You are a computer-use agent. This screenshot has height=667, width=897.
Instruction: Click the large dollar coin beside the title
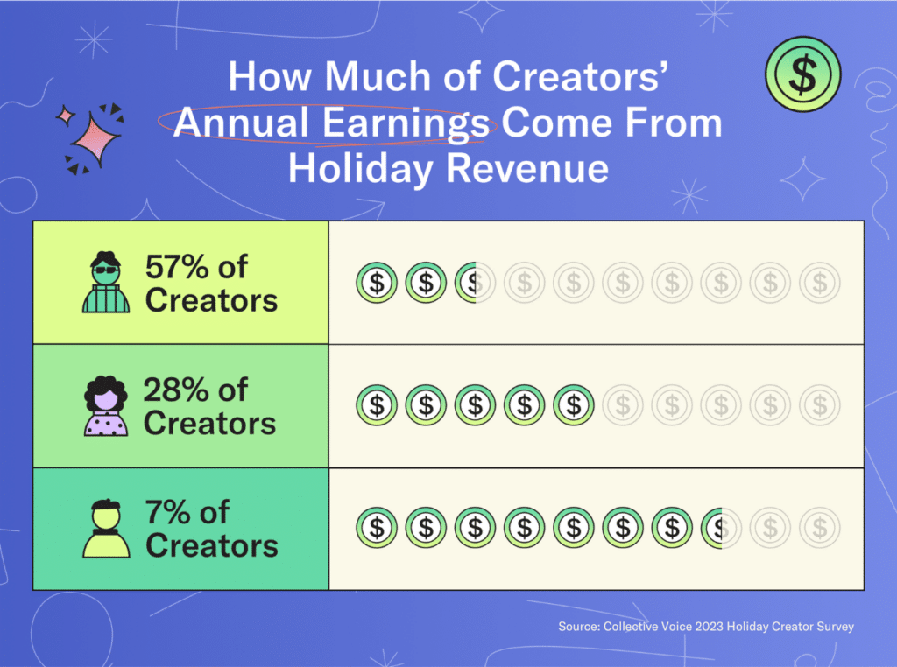pos(803,74)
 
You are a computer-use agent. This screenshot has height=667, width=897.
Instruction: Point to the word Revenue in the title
pos(526,169)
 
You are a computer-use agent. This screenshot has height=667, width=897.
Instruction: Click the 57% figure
pos(176,267)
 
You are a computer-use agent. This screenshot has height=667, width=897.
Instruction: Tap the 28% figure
pos(175,390)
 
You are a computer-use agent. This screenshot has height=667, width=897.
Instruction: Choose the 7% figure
pos(168,512)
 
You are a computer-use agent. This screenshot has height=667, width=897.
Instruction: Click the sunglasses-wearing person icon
pos(106,282)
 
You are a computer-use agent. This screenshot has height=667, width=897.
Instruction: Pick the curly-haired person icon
pos(106,406)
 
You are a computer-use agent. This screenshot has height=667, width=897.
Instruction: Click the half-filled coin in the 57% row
pos(475,283)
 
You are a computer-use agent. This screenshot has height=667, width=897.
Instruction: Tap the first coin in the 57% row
pos(377,283)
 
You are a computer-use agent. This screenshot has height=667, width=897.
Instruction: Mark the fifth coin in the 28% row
pos(573,405)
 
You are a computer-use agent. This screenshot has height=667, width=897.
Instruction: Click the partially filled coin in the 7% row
pos(721,528)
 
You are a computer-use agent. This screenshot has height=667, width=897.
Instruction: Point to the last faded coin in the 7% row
pos(819,528)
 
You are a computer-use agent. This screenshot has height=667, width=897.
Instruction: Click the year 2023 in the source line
pos(710,627)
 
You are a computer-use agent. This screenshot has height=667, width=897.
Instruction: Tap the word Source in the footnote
pos(579,627)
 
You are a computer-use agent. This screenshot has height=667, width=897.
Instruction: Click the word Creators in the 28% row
pos(210,424)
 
